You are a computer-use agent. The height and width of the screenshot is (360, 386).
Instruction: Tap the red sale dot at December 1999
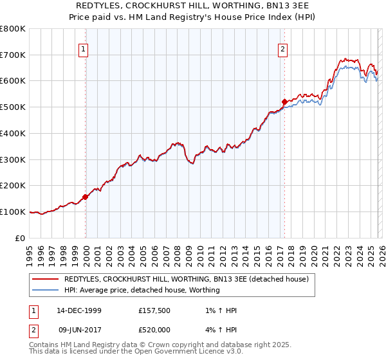(86, 197)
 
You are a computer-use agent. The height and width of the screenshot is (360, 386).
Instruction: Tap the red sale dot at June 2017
(284, 102)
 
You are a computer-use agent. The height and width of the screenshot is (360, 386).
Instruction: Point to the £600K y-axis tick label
(13, 81)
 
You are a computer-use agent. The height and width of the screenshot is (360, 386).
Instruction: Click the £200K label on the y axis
(13, 185)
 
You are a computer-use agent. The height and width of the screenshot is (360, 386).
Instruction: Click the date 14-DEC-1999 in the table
(79, 310)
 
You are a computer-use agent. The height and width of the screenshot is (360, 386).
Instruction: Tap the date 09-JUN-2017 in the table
(79, 329)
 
